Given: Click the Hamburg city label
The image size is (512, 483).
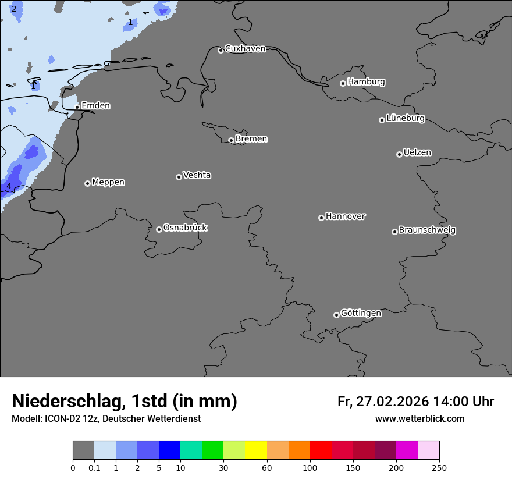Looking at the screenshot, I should coord(366,82).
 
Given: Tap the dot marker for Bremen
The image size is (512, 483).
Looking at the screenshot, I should coord(231,140).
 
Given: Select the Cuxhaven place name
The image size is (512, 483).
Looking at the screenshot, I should coord(245,49).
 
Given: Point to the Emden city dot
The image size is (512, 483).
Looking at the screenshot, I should coord(77,107).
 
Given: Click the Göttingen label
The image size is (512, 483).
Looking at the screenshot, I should coord(361,314).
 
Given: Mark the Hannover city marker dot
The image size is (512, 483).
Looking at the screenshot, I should coord(321,218).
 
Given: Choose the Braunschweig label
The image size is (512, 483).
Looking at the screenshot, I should coord(427,230).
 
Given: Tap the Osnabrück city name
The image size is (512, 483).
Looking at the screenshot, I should coord(185,228).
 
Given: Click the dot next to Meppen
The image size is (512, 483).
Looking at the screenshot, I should coord(87,183).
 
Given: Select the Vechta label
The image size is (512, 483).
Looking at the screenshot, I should coord(197,176).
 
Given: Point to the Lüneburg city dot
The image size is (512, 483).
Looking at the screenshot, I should coord(382,120).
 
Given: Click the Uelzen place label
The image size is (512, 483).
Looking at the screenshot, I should coord(417,153).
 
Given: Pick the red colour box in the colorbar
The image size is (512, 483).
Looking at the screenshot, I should coord(321,450).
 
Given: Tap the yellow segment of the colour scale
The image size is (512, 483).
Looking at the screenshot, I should coord(256,450).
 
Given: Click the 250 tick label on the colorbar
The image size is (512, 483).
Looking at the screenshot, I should coord(439,467).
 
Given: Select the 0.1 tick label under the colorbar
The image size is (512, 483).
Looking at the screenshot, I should coord(94,467).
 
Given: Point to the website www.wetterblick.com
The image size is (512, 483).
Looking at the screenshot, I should coord(419,419).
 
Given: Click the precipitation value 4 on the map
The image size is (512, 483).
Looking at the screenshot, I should coord(9,186).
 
